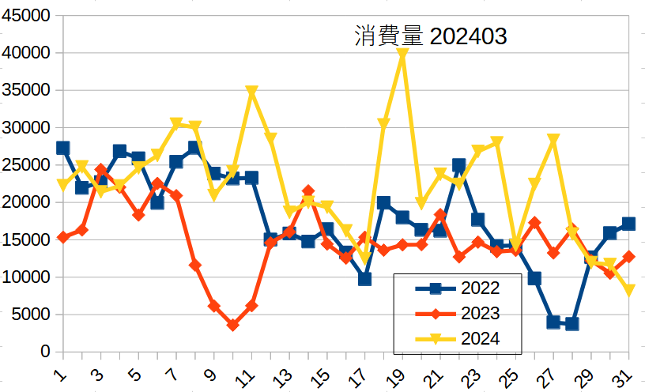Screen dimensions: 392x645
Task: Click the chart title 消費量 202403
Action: coord(431,37)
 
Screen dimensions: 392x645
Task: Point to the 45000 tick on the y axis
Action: coord(28,16)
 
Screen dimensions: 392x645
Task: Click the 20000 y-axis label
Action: coord(28,202)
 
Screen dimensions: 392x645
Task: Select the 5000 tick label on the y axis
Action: coord(32,315)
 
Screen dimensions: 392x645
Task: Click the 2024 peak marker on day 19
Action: coord(402,55)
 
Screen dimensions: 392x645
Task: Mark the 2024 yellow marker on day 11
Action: coord(251,92)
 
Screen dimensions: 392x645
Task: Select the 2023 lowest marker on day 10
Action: coord(232,325)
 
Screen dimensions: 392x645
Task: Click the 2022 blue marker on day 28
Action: coord(572,324)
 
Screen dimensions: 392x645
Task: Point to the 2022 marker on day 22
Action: coord(459,165)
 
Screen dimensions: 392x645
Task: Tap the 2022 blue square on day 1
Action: coord(62,148)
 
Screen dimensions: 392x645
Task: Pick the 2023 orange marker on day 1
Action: coord(62,237)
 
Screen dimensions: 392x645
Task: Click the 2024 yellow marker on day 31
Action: coord(629,290)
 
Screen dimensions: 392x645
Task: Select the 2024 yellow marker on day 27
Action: coord(553,140)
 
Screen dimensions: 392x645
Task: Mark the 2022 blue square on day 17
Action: coord(364,279)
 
